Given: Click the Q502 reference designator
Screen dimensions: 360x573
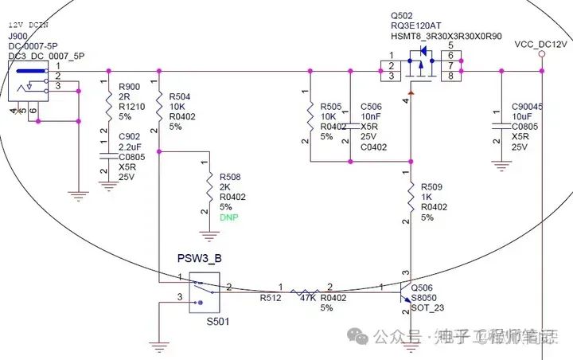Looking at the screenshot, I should (x=401, y=15).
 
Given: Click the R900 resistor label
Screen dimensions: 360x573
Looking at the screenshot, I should (x=129, y=87).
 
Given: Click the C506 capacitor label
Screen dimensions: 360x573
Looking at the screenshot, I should (x=371, y=106).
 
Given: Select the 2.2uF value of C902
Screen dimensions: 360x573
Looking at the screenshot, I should (x=130, y=147).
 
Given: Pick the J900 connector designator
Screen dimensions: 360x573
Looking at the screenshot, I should (x=17, y=35).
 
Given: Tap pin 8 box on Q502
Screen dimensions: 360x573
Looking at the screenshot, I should (x=451, y=76).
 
